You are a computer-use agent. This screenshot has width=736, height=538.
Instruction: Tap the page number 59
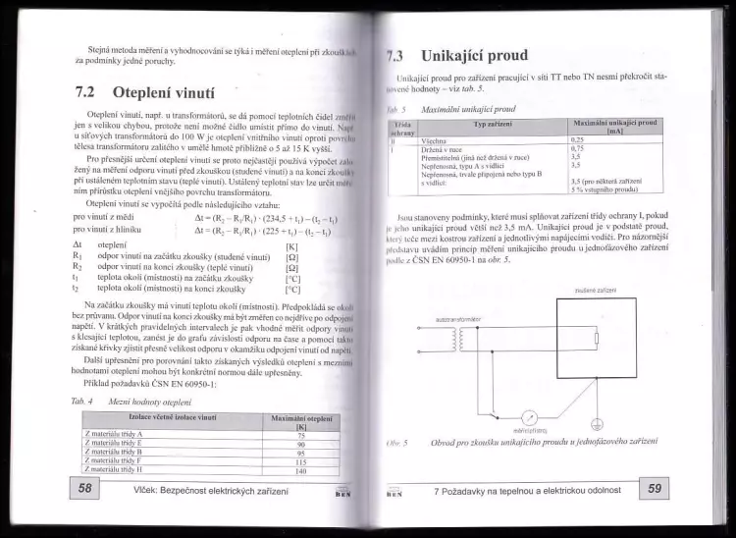654,488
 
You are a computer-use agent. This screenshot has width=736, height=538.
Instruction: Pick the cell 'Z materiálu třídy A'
114,434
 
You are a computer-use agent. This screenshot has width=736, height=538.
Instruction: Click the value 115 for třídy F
301,461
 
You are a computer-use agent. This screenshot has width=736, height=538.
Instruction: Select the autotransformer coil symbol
455,339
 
